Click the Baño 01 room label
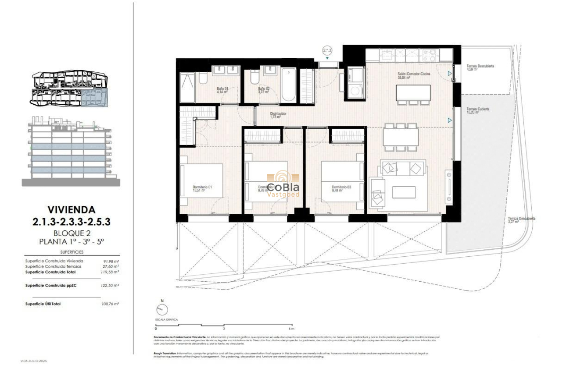coord(222,90)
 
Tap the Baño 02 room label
coord(263,90)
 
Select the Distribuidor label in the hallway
coord(278,115)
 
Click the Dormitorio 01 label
coord(202,189)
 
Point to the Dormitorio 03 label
coord(341,189)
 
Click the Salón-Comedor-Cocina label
coord(413,74)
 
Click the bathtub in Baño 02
coord(289,84)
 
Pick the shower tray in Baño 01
coord(187,87)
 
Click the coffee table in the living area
coord(404,192)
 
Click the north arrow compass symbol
coord(162,310)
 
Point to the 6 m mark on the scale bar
coord(291,328)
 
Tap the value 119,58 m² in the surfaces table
coord(111,272)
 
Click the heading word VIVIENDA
coord(71,210)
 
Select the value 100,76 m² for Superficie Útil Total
coord(111,304)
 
